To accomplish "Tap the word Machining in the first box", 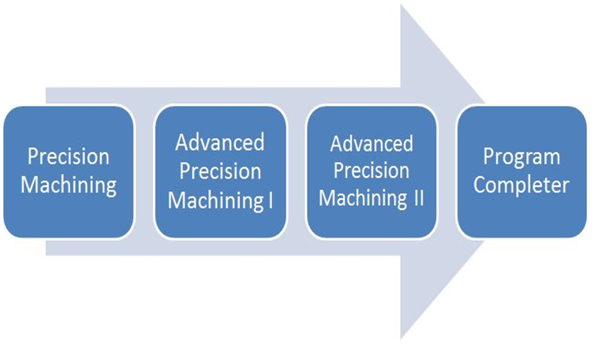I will click(x=69, y=186).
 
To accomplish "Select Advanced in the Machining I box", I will click(x=219, y=144).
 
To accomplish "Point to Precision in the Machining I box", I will click(x=219, y=171).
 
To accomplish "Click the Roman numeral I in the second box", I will click(x=271, y=200).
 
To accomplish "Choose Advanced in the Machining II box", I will click(x=372, y=144).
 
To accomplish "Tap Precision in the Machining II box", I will click(x=372, y=171).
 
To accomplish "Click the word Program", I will click(x=521, y=157).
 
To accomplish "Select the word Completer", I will click(x=521, y=186).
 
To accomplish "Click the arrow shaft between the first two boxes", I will click(x=144, y=171).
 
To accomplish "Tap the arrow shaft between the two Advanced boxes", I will click(x=296, y=171).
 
